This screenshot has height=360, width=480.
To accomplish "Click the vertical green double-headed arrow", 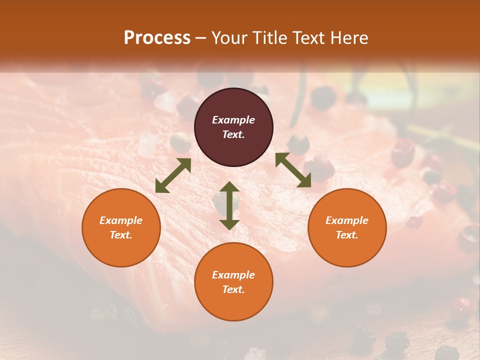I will (x=229, y=205).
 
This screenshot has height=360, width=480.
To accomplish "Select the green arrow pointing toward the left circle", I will (x=173, y=175).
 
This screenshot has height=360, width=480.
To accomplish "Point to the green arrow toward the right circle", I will (x=293, y=170).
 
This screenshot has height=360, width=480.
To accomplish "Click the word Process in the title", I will (x=157, y=37).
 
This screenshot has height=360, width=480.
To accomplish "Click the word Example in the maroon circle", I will (x=233, y=120).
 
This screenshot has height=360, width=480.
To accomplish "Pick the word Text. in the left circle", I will (x=121, y=235).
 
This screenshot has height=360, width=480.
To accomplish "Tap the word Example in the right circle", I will (x=347, y=220).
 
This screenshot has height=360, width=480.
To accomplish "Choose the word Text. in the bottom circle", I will (x=233, y=289).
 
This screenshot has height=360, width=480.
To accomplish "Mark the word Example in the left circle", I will (x=121, y=220).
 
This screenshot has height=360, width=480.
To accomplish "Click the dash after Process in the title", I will (x=200, y=38).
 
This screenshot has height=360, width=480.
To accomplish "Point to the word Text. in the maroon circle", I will (x=233, y=134).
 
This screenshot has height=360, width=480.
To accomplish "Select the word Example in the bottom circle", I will (x=233, y=275).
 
